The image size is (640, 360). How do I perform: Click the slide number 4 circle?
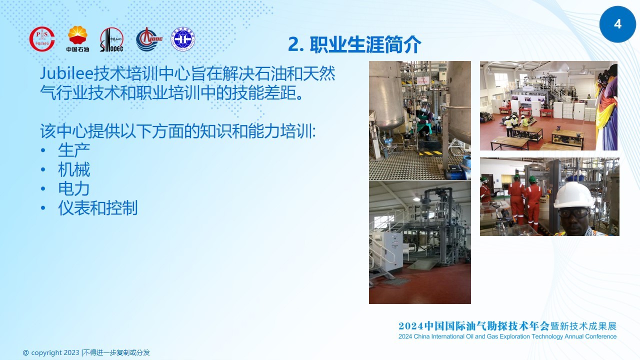click(617, 24)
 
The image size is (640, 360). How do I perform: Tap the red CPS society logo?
click(42, 39)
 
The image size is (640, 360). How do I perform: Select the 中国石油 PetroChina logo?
click(77, 39)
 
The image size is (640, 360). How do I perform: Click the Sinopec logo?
click(111, 39)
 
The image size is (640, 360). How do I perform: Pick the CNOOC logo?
click(149, 39)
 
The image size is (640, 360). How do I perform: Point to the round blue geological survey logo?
click(183, 39)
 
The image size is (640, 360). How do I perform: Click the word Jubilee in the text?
click(67, 73)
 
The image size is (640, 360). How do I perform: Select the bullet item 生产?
click(74, 150)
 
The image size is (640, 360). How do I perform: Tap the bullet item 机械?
click(74, 169)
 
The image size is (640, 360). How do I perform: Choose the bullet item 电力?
click(73, 188)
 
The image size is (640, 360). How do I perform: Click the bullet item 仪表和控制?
click(97, 207)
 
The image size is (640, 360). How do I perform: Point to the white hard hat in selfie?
click(573, 195)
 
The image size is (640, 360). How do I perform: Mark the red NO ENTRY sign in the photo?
click(423, 80)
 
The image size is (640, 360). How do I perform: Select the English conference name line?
click(507, 336)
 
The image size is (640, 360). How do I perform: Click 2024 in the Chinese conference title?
click(411, 326)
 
